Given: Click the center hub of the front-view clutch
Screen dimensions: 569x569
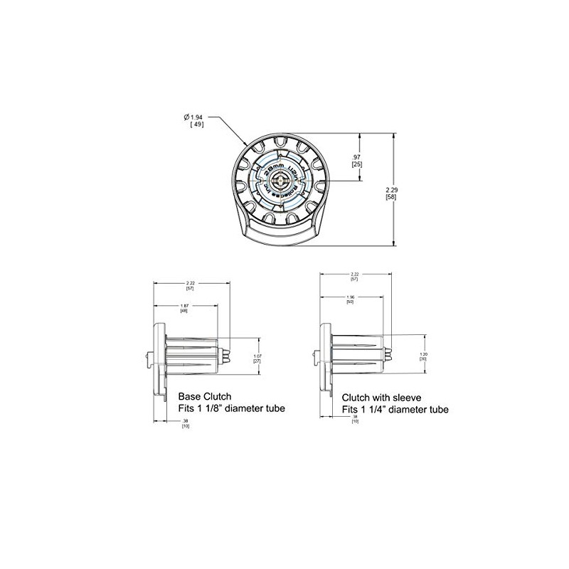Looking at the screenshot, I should [x=277, y=180].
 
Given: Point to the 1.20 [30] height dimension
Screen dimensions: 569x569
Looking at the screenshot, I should [x=422, y=356].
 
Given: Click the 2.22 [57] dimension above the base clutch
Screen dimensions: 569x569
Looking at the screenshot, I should [x=190, y=286].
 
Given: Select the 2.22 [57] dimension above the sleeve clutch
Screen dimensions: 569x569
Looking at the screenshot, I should [x=354, y=277].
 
